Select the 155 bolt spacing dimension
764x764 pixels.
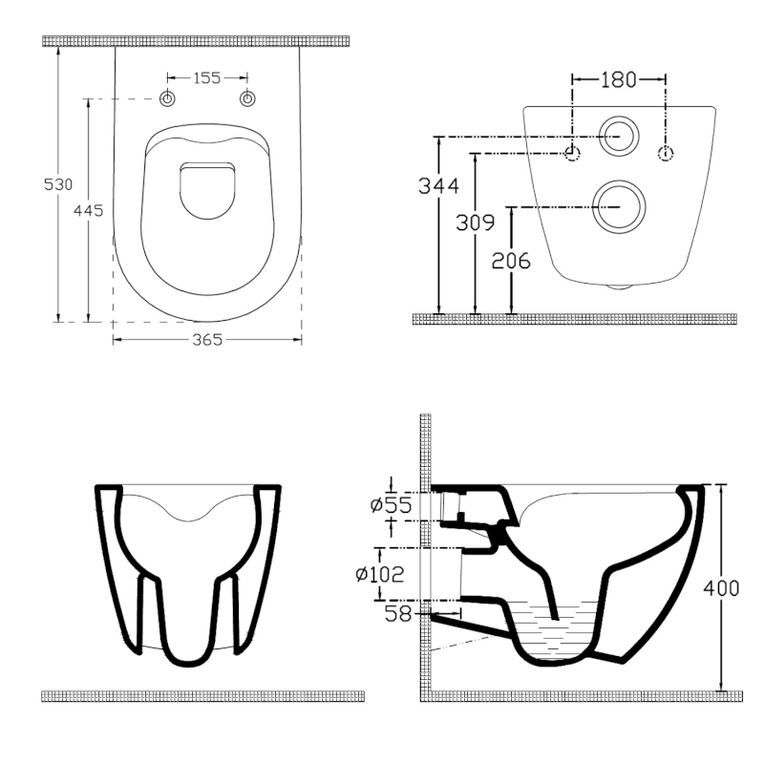(x=207, y=78)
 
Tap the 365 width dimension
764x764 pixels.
(x=207, y=339)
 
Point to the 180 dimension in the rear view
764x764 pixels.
(x=618, y=79)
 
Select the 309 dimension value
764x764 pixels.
(x=475, y=223)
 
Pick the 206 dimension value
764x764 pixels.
(x=512, y=260)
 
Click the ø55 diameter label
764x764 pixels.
(x=393, y=504)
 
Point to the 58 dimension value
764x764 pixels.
(x=398, y=615)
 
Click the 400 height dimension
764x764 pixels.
(x=721, y=588)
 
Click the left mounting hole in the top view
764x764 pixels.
(x=167, y=99)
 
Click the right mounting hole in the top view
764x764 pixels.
(x=248, y=99)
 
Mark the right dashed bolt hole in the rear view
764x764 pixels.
(x=666, y=153)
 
